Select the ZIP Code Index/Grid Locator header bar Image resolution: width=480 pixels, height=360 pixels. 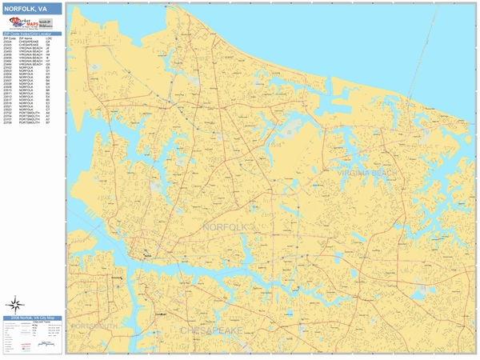point(32,34)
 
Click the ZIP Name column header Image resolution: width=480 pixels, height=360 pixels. point(25,38)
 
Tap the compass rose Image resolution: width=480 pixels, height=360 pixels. point(15,304)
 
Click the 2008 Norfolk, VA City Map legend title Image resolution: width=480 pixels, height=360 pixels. point(31,318)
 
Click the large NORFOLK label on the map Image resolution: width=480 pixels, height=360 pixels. point(227,228)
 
